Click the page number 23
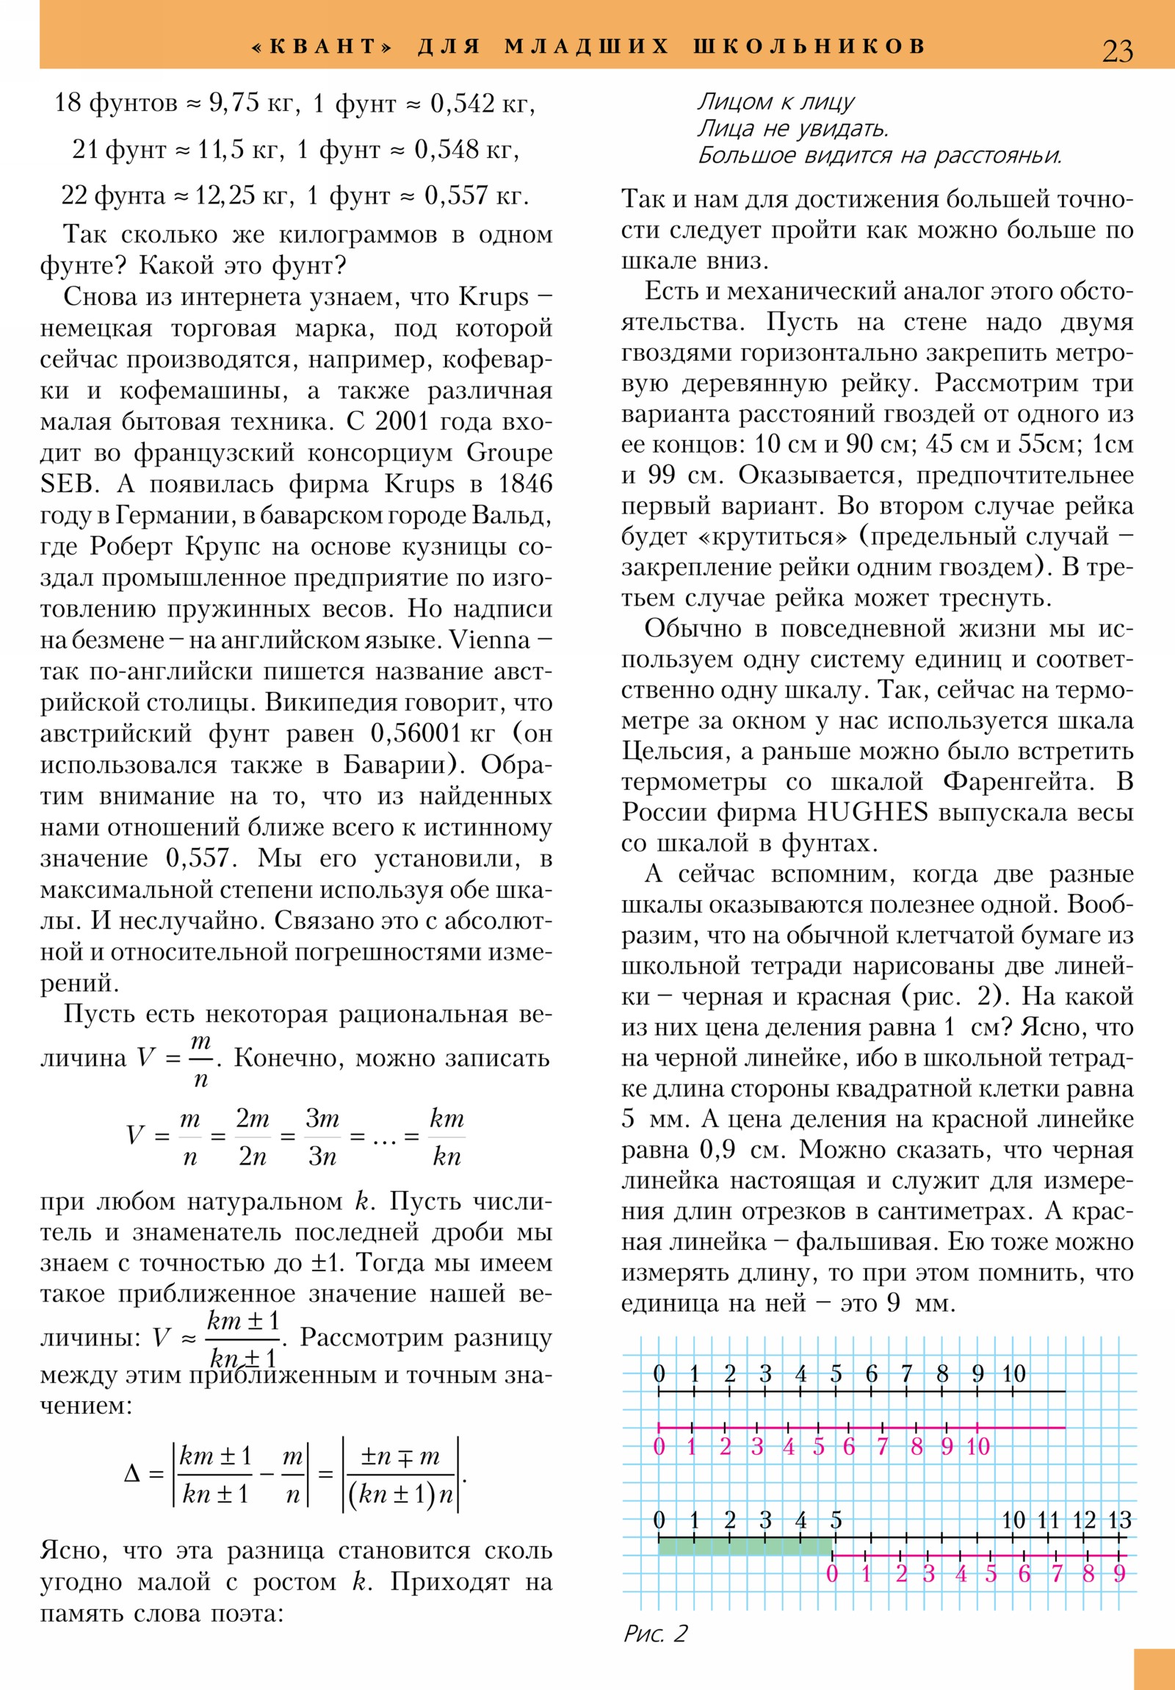point(1117,51)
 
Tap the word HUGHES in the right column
point(867,812)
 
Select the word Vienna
point(490,640)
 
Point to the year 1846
point(524,484)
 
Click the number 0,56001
point(416,733)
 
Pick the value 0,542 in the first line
point(462,103)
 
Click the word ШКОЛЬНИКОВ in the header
point(809,46)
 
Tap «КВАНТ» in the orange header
point(322,46)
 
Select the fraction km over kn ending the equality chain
point(446,1137)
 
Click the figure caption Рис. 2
point(655,1633)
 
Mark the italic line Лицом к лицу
point(775,101)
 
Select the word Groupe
point(509,453)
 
